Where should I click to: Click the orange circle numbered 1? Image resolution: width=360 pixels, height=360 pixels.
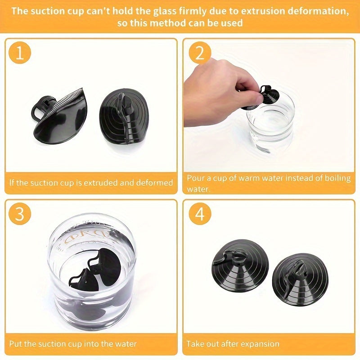(20, 54)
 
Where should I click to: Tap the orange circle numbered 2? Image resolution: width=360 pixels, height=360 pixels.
(200, 54)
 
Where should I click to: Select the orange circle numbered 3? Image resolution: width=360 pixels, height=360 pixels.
(20, 214)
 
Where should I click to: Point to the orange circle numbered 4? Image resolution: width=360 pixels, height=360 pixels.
(200, 214)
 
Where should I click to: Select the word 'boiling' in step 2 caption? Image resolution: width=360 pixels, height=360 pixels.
(334, 178)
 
